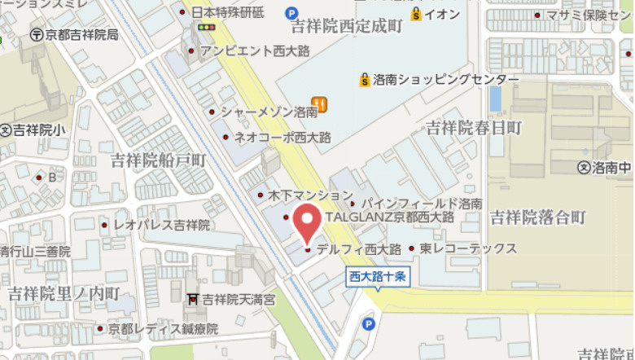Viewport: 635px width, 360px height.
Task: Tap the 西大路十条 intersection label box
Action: click(x=376, y=276)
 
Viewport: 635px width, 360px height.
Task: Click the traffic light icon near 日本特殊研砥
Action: click(x=206, y=27)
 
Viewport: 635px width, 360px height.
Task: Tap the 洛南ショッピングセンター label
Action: click(x=445, y=79)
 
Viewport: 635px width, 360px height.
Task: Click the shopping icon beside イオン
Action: click(x=417, y=14)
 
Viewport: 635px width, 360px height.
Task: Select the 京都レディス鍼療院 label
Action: click(x=165, y=329)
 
